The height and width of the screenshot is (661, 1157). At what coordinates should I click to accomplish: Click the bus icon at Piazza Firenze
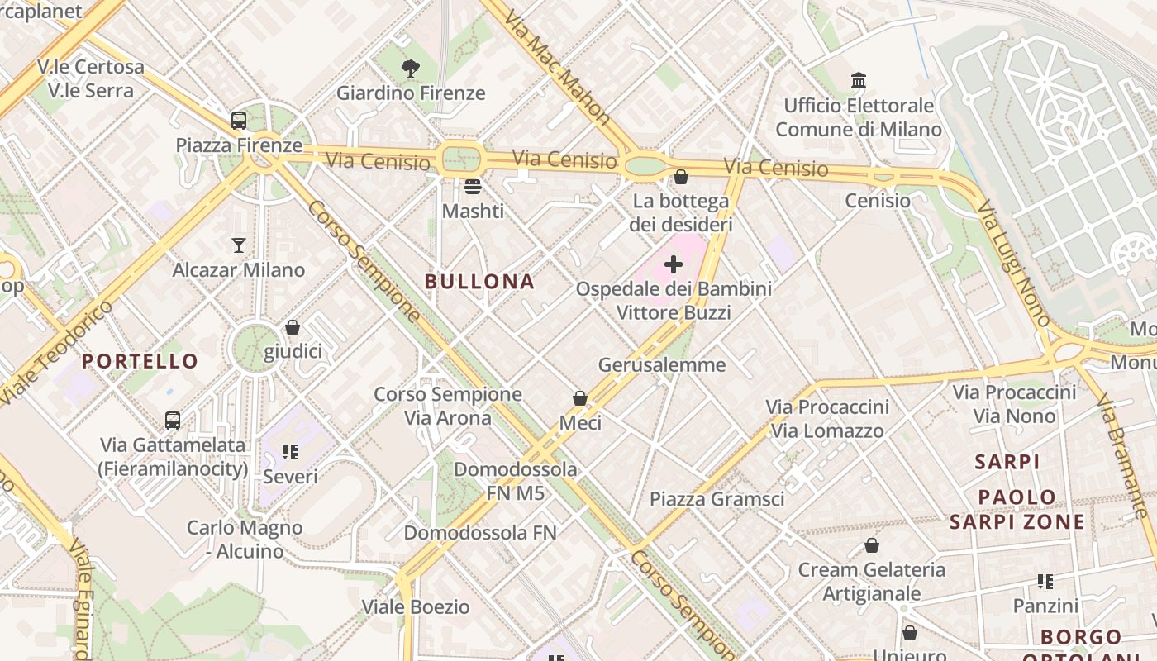[239, 121]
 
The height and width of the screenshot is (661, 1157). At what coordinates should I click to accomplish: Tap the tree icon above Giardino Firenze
[411, 69]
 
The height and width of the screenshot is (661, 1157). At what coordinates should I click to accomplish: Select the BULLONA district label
[480, 282]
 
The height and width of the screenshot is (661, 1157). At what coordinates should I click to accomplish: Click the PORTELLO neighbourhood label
[140, 361]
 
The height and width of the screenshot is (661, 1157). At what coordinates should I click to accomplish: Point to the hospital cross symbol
[674, 264]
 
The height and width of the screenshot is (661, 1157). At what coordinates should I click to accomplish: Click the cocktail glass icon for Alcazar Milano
[239, 245]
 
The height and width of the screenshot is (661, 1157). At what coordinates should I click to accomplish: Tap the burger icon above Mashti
[473, 186]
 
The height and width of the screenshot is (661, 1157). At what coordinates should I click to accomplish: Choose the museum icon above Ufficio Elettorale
[859, 81]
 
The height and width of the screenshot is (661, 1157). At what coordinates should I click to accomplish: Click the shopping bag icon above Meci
[580, 398]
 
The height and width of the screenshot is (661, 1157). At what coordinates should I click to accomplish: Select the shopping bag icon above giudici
[293, 327]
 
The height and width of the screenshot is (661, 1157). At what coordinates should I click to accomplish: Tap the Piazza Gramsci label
[717, 499]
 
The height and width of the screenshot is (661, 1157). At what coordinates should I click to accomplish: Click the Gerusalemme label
[662, 364]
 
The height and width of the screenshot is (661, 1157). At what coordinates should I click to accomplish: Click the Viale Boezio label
[416, 607]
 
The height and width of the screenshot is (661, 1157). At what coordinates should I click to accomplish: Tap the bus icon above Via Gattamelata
[173, 420]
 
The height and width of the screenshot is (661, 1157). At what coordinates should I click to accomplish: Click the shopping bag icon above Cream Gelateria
[871, 545]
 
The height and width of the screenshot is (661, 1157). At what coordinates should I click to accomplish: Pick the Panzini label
[1045, 606]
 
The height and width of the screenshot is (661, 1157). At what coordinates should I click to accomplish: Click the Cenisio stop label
[878, 201]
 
